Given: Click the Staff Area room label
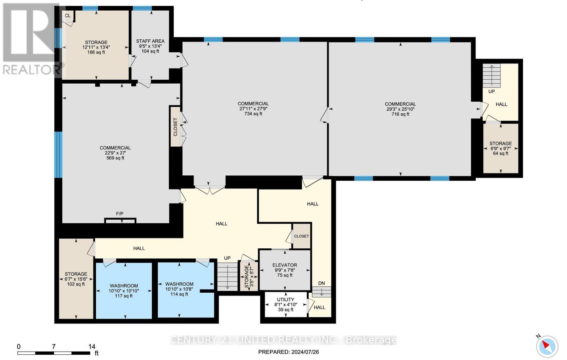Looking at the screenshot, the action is click(150, 41).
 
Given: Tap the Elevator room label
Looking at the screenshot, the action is click(285, 265).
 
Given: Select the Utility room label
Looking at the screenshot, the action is click(286, 299).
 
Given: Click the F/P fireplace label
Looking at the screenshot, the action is click(120, 214).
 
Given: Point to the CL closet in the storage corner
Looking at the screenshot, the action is click(68, 16).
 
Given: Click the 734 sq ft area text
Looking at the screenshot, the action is click(253, 114).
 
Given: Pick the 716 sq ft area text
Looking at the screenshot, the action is click(400, 114).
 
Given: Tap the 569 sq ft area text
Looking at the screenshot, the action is click(115, 158).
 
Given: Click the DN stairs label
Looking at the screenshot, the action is click(321, 283).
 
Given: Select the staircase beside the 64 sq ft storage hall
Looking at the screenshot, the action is click(492, 75).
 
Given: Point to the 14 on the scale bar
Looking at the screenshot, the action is click(92, 347).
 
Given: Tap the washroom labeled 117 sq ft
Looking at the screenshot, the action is click(124, 291).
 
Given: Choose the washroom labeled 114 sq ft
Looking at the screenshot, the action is click(186, 290).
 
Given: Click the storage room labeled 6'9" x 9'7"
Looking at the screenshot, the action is click(501, 148).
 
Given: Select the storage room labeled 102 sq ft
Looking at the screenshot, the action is click(76, 279).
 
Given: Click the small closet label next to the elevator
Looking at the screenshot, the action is click(301, 236).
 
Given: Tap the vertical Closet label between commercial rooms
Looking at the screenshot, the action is click(175, 127).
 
